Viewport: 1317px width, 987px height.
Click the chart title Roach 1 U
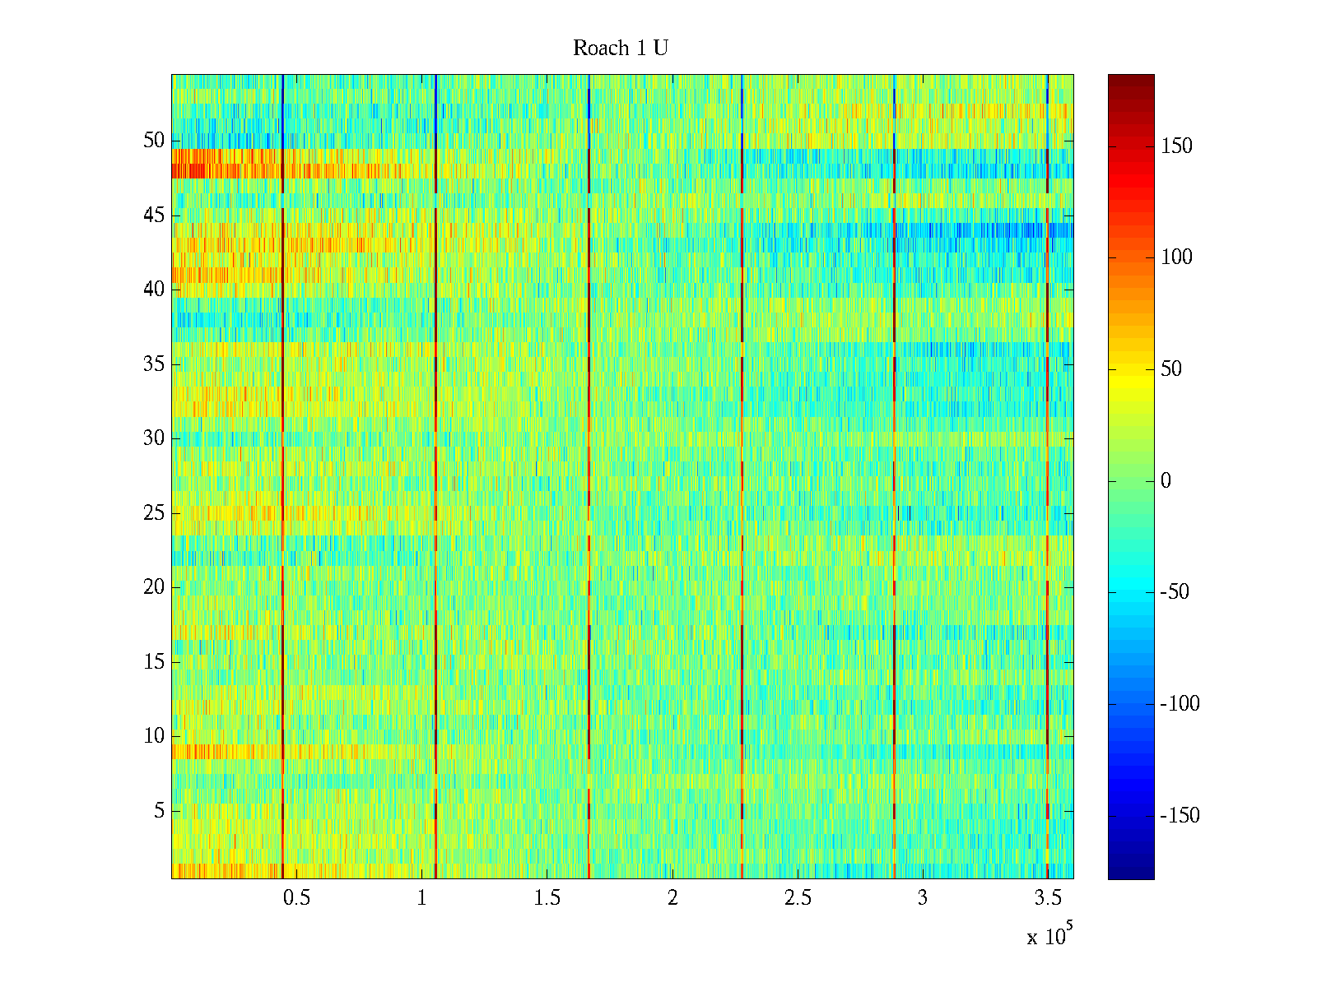pos(620,49)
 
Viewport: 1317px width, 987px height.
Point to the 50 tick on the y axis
pos(154,141)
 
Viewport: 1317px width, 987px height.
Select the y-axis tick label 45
pos(154,215)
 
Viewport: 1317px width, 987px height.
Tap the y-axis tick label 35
pos(154,364)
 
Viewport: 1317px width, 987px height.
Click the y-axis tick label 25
pos(154,513)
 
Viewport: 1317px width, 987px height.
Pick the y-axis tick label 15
pos(154,662)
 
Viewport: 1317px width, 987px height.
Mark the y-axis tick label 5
pos(159,811)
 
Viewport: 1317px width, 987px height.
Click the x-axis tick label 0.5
pos(296,898)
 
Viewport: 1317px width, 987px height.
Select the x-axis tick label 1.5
pos(547,898)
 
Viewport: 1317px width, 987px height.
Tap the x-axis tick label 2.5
pos(797,898)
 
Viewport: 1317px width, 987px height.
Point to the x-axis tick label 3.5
pos(1047,898)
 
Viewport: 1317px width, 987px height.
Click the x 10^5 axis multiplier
pos(1049,936)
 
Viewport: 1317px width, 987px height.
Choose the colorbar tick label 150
pos(1176,146)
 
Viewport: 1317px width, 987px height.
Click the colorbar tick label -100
pos(1180,704)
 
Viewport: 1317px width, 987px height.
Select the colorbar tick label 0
pos(1165,481)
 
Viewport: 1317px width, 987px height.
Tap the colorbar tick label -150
pos(1180,816)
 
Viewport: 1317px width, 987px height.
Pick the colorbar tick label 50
pos(1171,369)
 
